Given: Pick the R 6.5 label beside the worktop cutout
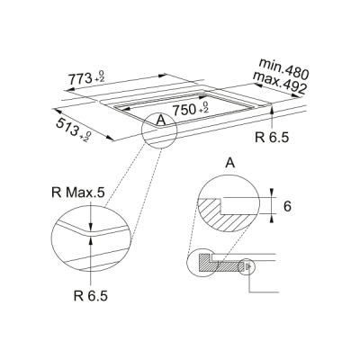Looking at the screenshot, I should pyautogui.click(x=273, y=139).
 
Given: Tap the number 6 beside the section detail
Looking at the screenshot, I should pyautogui.click(x=287, y=206).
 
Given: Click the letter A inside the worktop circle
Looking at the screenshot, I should pyautogui.click(x=160, y=120).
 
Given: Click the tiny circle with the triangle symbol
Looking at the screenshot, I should pyautogui.click(x=247, y=265).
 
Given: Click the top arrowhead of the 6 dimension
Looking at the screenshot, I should pyautogui.click(x=271, y=192).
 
